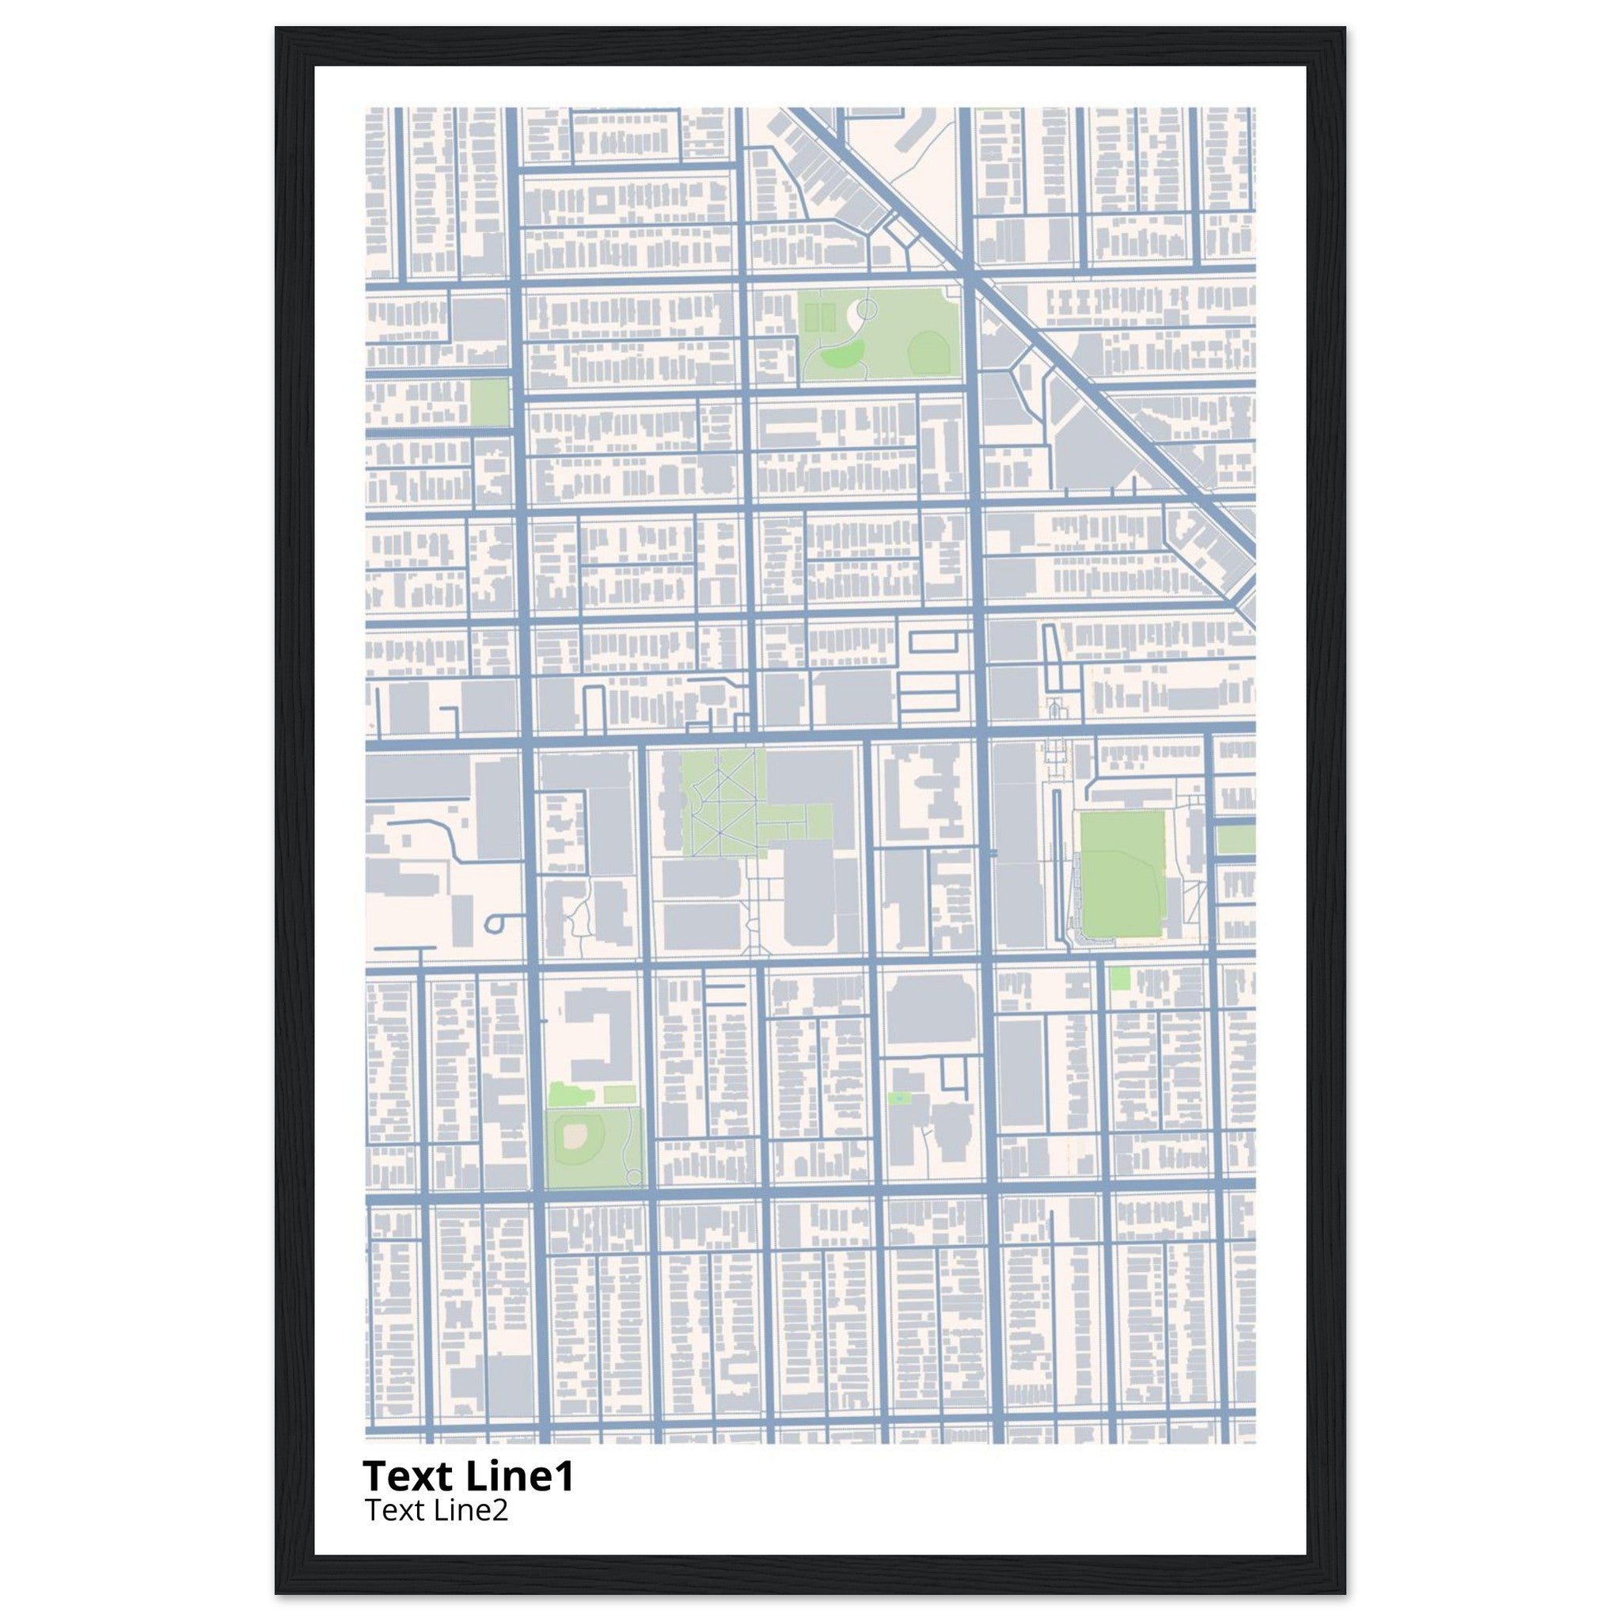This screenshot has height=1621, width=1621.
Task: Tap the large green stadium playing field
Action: (x=1122, y=875)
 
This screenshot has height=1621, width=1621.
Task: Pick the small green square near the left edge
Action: (x=489, y=402)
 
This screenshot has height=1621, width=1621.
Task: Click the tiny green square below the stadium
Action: (x=1119, y=978)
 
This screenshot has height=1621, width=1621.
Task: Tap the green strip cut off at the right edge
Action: (x=1235, y=840)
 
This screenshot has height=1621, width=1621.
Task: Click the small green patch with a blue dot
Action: (x=899, y=1098)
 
